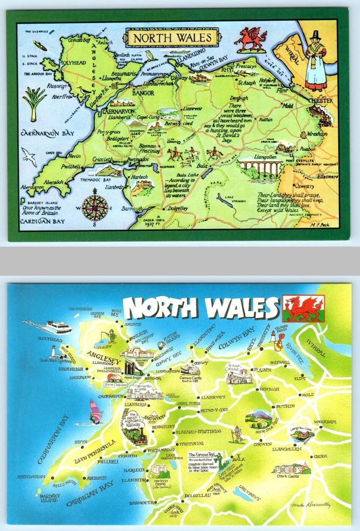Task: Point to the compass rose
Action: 97,205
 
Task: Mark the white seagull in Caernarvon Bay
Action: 31,157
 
